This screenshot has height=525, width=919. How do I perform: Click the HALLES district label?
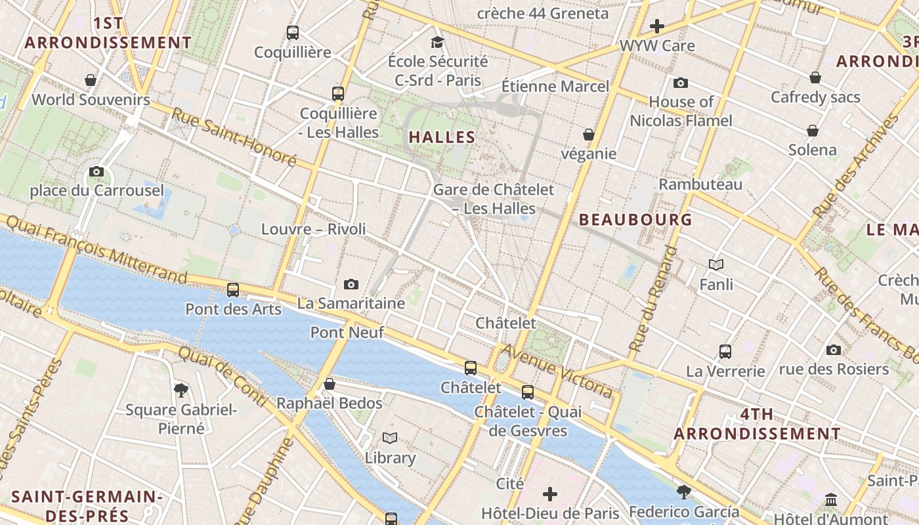442,137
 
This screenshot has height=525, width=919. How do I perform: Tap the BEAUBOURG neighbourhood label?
635,220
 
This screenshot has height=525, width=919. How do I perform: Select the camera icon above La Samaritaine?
351,284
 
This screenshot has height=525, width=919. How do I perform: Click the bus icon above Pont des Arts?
233,289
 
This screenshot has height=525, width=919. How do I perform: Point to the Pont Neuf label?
347,333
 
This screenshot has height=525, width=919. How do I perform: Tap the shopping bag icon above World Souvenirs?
91,80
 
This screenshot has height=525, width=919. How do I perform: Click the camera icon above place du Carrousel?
96,172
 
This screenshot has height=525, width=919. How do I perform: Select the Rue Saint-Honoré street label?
234,137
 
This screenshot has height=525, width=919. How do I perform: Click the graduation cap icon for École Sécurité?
437,43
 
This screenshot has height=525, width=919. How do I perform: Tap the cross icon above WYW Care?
657,26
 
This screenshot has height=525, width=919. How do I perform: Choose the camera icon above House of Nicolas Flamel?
681,83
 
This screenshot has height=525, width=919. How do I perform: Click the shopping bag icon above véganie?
589,135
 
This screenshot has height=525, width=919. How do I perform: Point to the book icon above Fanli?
716,264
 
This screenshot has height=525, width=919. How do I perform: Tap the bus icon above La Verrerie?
725,351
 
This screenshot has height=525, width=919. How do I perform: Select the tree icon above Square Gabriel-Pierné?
181,390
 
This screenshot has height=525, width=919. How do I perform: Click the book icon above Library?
390,438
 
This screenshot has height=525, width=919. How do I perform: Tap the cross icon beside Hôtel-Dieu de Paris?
550,493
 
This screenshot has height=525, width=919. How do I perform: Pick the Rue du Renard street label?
652,299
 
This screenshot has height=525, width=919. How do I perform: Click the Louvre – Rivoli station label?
313,229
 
